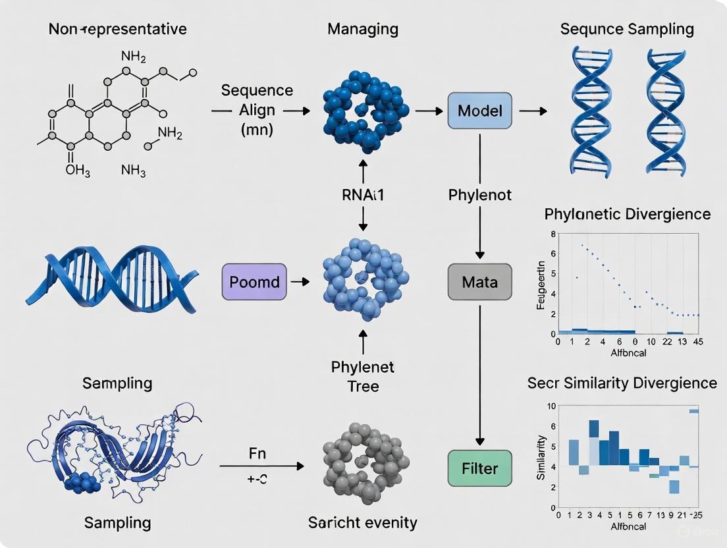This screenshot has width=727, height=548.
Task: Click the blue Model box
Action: click(479, 110)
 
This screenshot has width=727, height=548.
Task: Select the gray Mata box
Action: click(479, 283)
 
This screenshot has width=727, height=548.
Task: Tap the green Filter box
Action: click(479, 468)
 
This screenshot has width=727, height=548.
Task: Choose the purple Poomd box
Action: click(255, 282)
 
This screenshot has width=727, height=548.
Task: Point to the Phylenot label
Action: click(480, 196)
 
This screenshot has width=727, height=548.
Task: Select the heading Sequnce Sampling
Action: click(626, 29)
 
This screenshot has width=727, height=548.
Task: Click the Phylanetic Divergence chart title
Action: click(628, 214)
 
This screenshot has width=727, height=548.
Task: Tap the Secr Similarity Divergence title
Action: click(622, 383)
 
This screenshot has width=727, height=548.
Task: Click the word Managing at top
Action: click(363, 29)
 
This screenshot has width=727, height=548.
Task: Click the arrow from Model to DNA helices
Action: click(533, 111)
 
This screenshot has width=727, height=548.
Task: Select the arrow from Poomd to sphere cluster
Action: click(300, 282)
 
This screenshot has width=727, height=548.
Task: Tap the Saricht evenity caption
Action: click(363, 522)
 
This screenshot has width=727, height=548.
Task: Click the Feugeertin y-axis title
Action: click(541, 285)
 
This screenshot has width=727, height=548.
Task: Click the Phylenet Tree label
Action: click(363, 376)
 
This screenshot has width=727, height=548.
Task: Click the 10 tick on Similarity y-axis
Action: click(551, 406)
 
